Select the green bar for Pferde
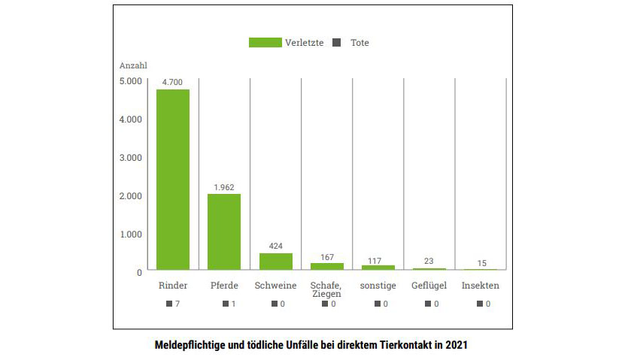pos(224,231)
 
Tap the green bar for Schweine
pos(275,261)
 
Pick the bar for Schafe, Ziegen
pos(327,266)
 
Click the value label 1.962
pos(224,186)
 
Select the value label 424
pos(275,246)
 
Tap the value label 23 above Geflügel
pos(429,261)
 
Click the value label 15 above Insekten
pos(481,262)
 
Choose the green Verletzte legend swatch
pos(265,43)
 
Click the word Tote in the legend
pos(360,43)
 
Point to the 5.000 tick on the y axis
pos(129,81)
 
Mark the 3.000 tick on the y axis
pos(129,157)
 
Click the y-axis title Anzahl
pos(133,65)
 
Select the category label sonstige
pos(378,286)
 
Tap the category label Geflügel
pos(429,286)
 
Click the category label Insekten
pos(481,286)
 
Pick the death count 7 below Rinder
pos(177,304)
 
